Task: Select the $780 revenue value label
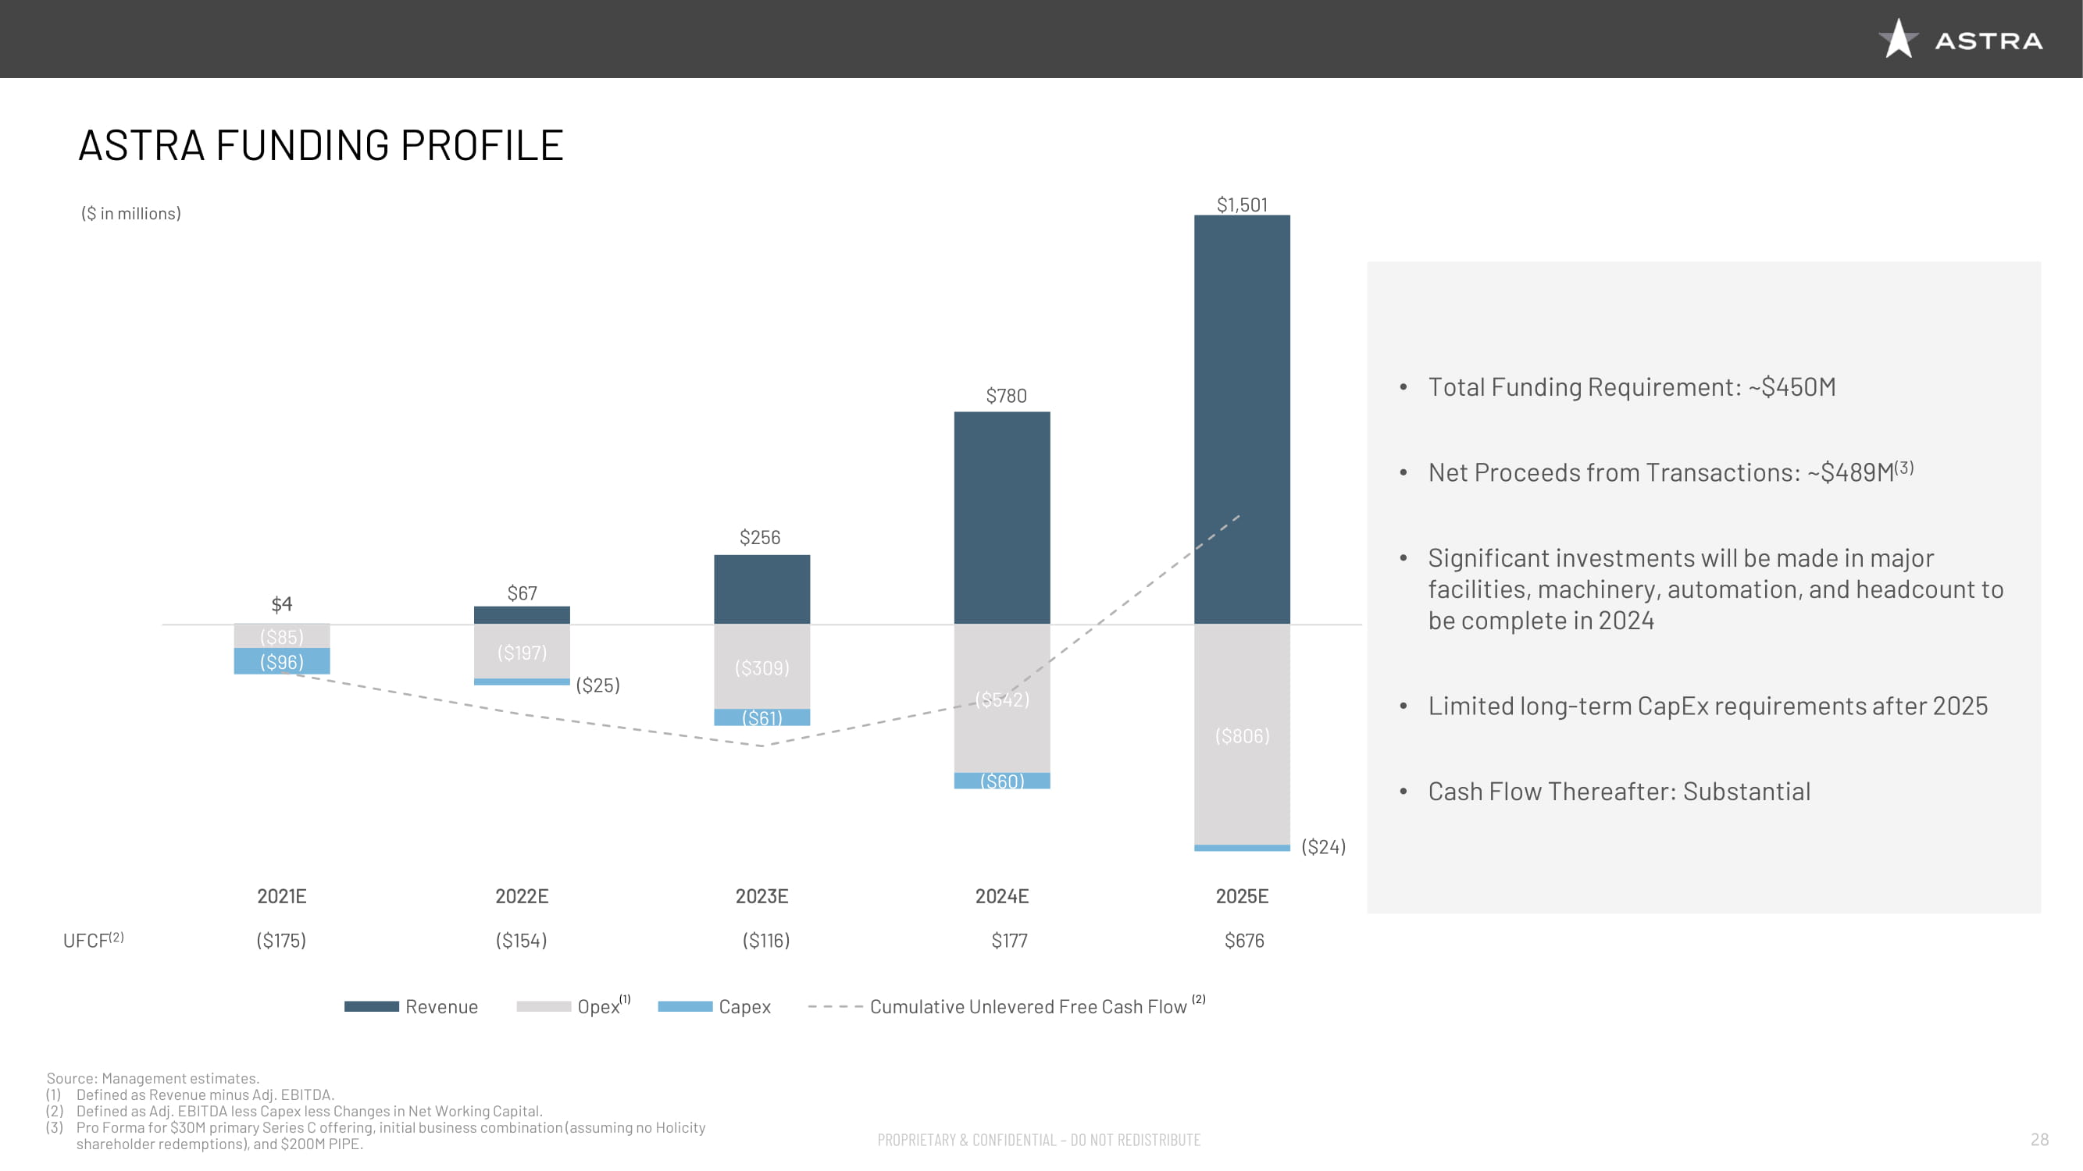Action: (x=1006, y=395)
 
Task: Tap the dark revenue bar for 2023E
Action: (x=762, y=589)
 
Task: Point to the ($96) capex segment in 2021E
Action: (x=281, y=662)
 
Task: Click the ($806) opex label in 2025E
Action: (x=1242, y=735)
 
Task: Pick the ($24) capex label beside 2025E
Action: (x=1323, y=846)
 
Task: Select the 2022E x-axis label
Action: (x=522, y=895)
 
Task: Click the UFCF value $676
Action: (x=1243, y=940)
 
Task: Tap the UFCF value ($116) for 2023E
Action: (x=765, y=940)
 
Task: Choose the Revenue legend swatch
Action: (x=371, y=1006)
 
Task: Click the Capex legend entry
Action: (x=744, y=1006)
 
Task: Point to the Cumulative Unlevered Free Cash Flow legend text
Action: (x=1028, y=1006)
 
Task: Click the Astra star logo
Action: (x=1898, y=39)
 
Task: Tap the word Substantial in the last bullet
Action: (x=1746, y=791)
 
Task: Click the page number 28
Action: (x=2039, y=1140)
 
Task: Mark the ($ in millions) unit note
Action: (x=131, y=213)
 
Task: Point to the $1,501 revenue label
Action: (x=1242, y=205)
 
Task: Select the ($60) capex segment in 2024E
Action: (x=1002, y=781)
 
